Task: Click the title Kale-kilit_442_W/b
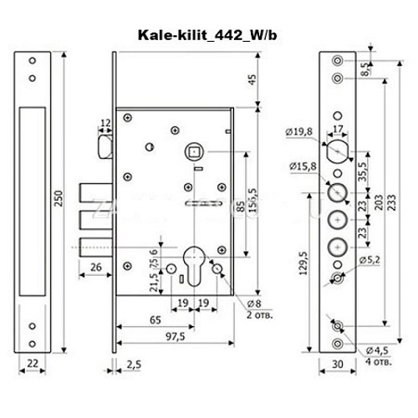[x=208, y=36]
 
